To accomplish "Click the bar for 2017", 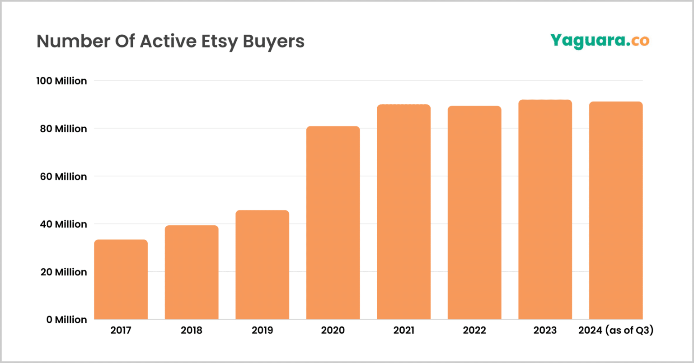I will pos(121,279).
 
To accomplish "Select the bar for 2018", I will pos(192,272).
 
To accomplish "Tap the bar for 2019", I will pos(262,265).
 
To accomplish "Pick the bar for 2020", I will pos(333,223).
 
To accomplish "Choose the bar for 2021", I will pos(403,212).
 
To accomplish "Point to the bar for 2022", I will pos(474,213).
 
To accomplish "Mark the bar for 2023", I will pos(545,209).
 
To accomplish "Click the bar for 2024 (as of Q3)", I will pos(616,210).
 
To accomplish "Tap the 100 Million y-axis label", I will pos(61,81).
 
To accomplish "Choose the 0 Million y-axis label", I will pos(66,320).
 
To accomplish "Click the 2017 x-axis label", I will pos(121,330).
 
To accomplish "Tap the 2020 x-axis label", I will pos(333,330).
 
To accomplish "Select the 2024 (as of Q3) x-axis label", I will pos(616,330).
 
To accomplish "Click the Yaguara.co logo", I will pos(600,41).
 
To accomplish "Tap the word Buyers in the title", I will pos(274,42).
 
